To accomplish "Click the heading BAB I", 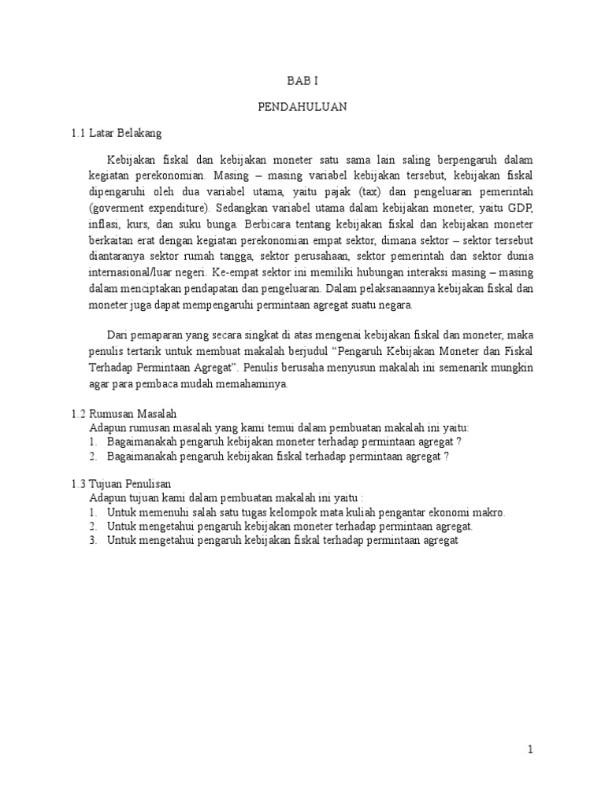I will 302,79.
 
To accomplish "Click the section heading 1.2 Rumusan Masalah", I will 124,412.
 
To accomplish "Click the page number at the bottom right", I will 531,750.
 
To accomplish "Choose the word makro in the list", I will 490,512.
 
